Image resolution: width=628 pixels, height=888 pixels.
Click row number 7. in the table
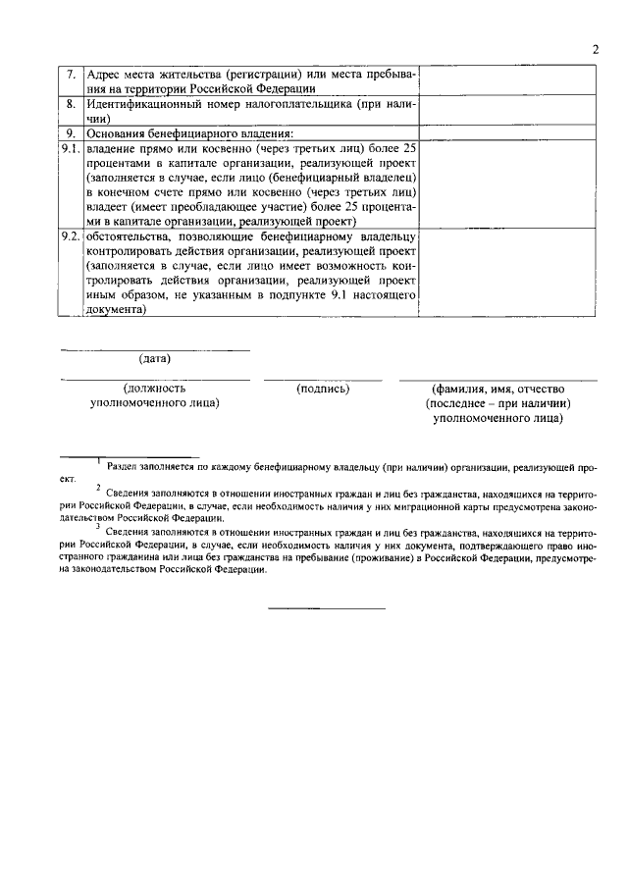pos(71,75)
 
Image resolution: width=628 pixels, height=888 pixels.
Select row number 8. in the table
pos(71,103)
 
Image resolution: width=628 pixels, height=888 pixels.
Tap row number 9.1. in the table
pos(69,148)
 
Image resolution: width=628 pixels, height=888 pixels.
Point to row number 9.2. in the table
pos(69,238)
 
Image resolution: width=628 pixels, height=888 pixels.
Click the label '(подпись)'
pos(323,389)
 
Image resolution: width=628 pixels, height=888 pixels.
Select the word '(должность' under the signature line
pos(155,389)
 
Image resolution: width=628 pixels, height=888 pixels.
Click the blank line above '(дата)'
pos(155,349)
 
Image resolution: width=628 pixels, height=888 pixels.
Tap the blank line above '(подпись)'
pos(323,379)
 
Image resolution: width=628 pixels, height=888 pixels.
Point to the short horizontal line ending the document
pos(328,608)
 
